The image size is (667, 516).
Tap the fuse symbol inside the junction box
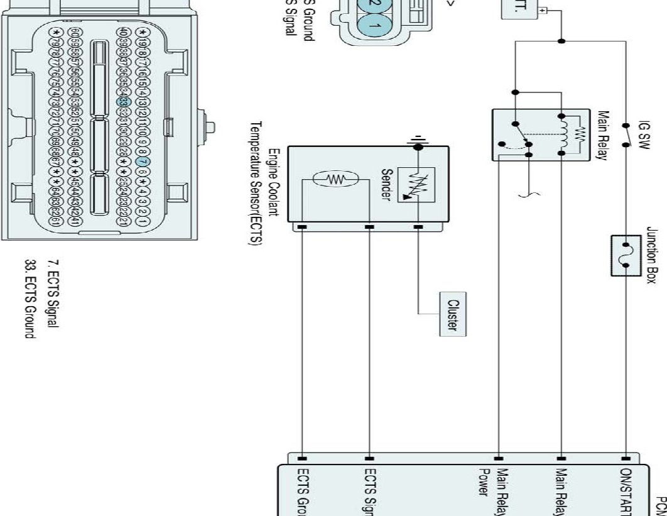point(626,255)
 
